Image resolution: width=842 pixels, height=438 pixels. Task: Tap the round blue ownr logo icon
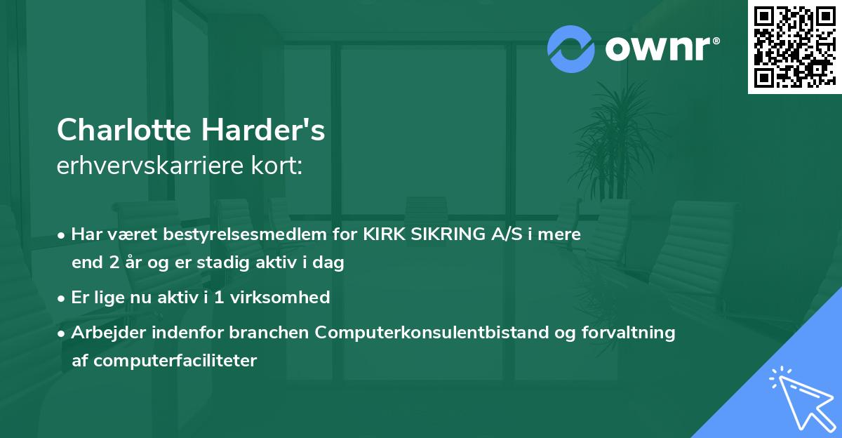[x=570, y=49]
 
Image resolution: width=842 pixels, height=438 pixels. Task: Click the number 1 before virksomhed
[x=210, y=298]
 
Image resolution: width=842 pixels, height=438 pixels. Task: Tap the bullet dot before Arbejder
[x=62, y=333]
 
